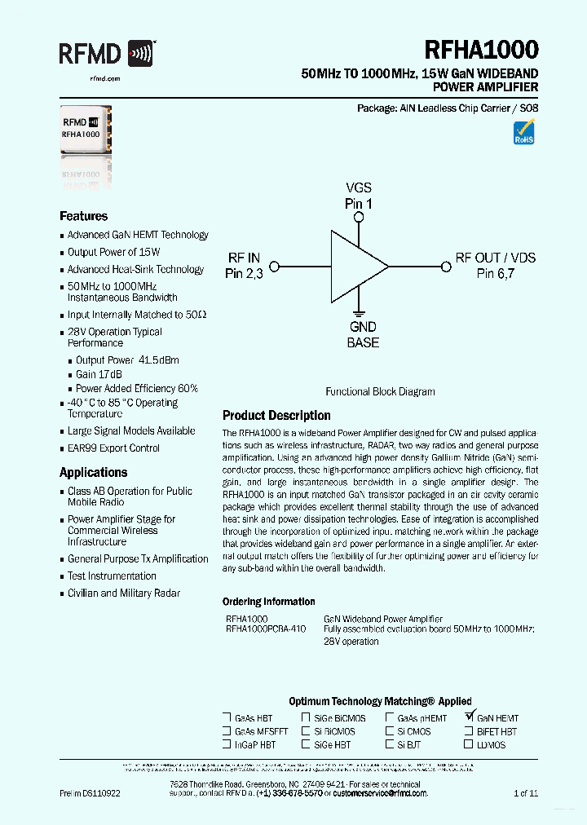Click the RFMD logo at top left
[x=106, y=55]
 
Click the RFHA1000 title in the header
[x=481, y=51]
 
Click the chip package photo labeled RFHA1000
[x=85, y=130]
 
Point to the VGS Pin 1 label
[x=358, y=196]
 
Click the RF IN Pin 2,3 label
[x=244, y=266]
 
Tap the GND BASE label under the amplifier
[x=363, y=335]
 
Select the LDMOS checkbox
[x=469, y=744]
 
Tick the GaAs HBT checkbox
[x=227, y=717]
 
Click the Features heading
[x=83, y=216]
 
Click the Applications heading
[x=93, y=472]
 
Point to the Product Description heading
[x=276, y=415]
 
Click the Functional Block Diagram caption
[x=380, y=391]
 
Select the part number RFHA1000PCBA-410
[x=266, y=629]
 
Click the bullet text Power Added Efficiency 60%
[x=136, y=388]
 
